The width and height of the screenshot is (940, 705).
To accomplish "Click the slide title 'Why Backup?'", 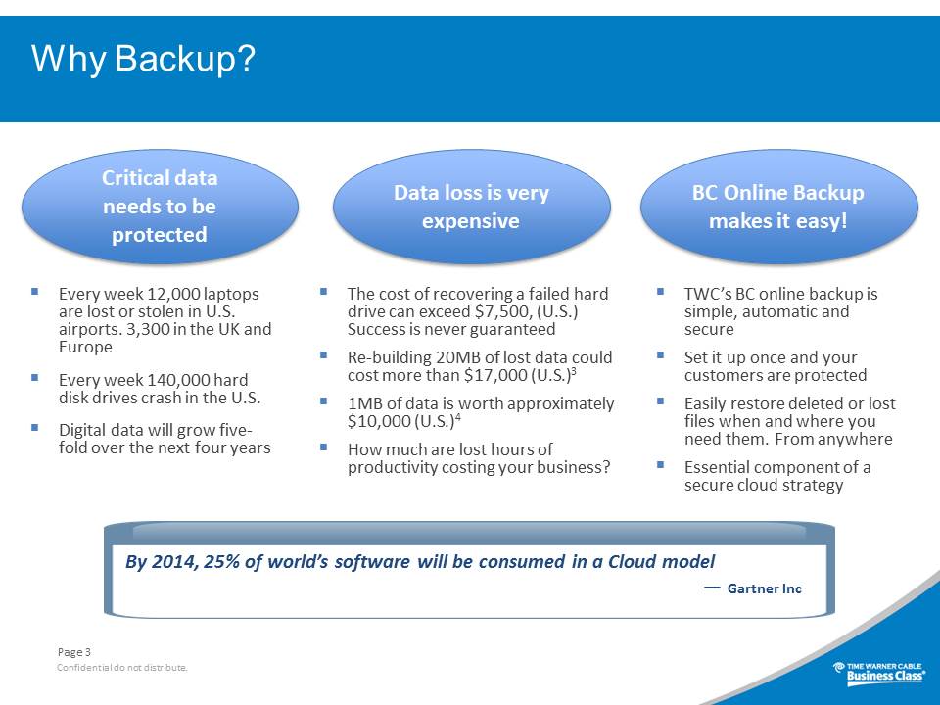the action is (x=143, y=59).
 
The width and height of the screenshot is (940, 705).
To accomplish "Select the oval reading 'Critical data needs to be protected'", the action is (x=160, y=207).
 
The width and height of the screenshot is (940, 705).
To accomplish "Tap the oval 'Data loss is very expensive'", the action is (x=471, y=207).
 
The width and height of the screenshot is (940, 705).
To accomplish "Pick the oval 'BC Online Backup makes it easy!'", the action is (x=778, y=207).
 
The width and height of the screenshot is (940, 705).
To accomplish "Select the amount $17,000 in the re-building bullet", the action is (x=495, y=376).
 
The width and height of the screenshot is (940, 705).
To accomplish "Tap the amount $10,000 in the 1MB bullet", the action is (x=379, y=421).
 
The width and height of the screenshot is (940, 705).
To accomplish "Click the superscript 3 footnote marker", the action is (x=574, y=371).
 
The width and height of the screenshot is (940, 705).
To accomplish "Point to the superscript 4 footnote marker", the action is (x=458, y=417).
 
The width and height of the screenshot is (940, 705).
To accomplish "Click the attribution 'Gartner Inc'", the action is (x=765, y=588).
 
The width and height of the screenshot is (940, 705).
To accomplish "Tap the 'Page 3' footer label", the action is (x=74, y=652).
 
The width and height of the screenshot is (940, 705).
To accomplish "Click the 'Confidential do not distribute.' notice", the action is (x=122, y=667).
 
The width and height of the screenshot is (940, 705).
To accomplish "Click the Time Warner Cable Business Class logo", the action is (x=879, y=672).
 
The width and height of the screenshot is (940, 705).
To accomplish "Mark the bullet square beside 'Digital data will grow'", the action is (x=35, y=428).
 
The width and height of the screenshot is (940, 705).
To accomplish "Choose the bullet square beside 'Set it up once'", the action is (x=661, y=354).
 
